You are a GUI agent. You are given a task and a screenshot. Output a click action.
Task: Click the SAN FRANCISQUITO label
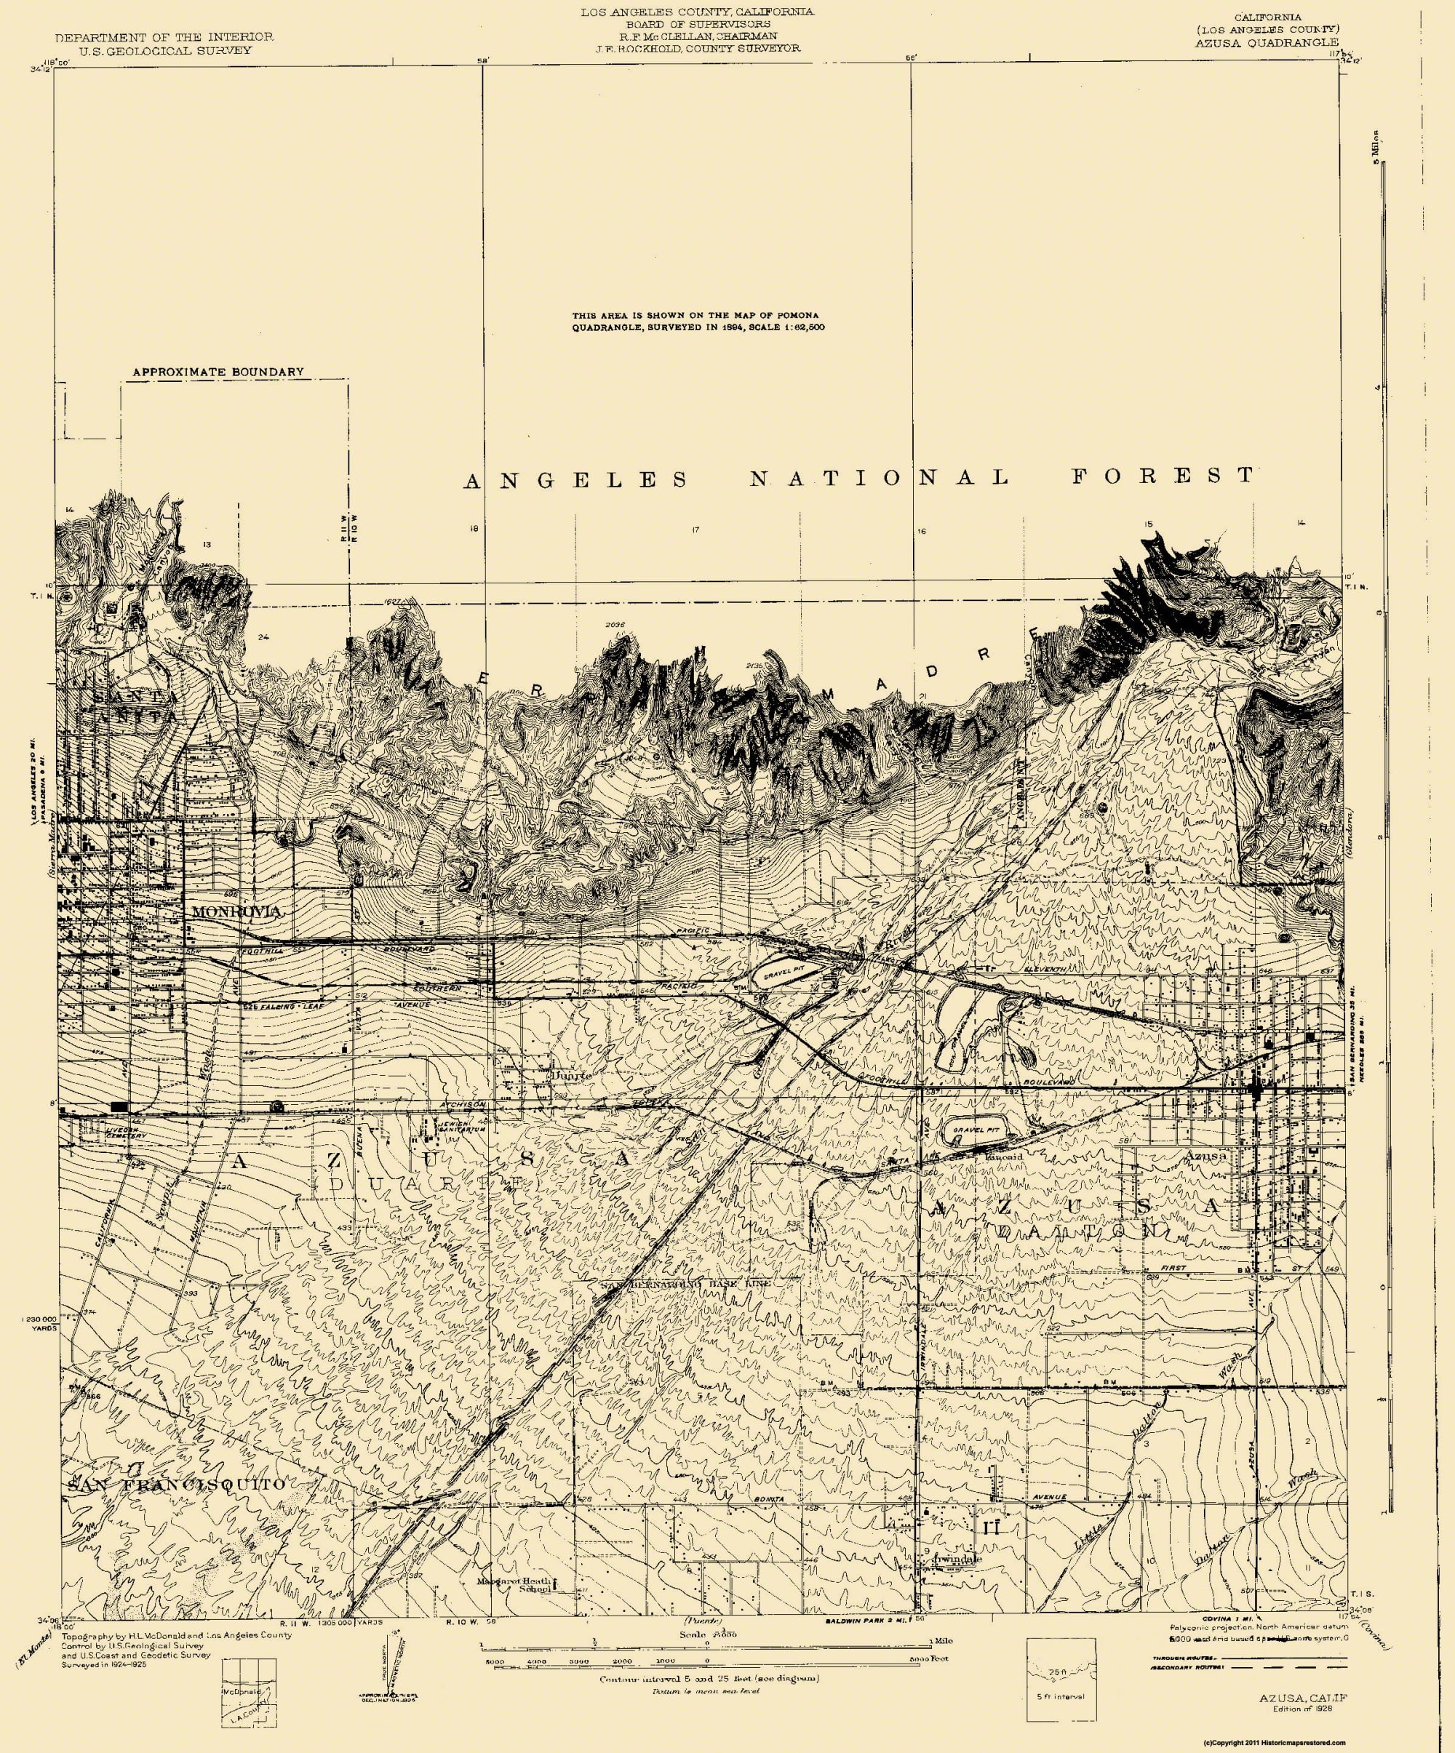click(x=176, y=1485)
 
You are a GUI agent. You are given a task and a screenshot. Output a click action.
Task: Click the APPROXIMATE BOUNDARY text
click(x=218, y=372)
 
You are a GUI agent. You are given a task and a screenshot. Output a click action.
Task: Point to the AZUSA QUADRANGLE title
click(x=1261, y=41)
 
